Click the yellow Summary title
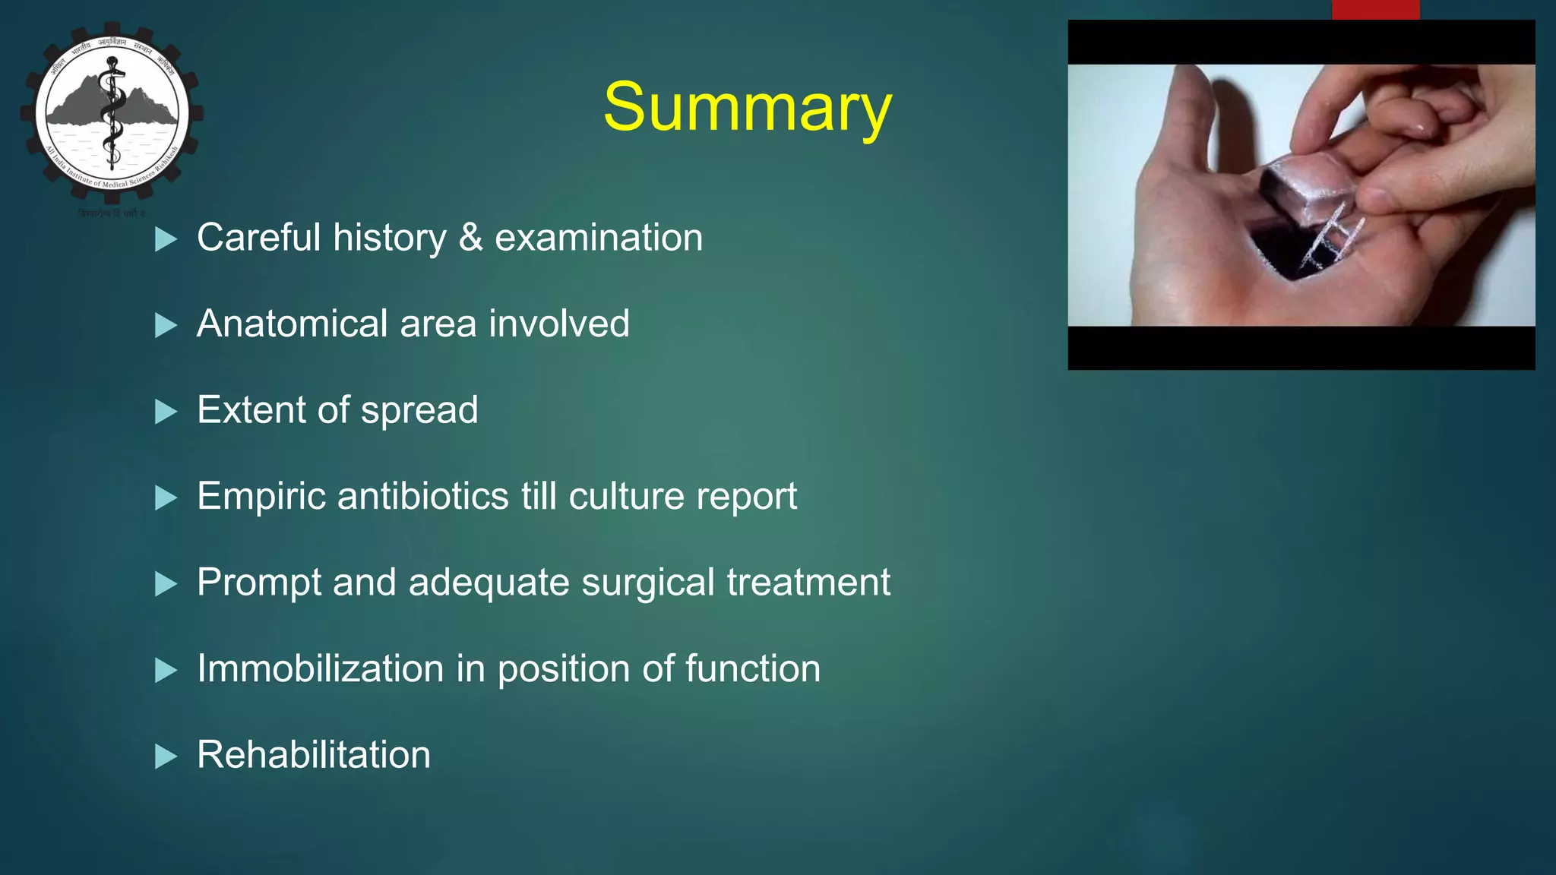(x=747, y=108)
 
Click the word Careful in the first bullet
(x=258, y=238)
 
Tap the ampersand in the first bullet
(x=470, y=238)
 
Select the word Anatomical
(x=292, y=324)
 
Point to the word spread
(x=419, y=411)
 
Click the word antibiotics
(x=422, y=496)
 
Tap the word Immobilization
(x=320, y=668)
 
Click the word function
(x=752, y=668)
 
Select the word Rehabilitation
(x=313, y=755)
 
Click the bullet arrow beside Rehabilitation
(x=165, y=757)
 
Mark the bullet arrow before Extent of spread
(x=165, y=412)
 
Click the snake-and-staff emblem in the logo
(x=112, y=114)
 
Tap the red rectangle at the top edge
(x=1375, y=9)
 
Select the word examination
(x=599, y=238)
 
